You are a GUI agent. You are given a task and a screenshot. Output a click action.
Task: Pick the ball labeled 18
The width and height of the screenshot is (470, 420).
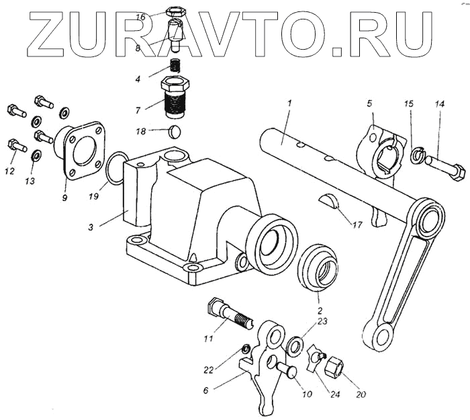coord(174,130)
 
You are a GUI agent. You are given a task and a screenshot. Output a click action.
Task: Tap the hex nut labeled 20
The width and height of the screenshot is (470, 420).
coord(334,368)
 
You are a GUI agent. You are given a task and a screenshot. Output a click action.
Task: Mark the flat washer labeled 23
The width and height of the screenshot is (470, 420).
coord(295,346)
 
